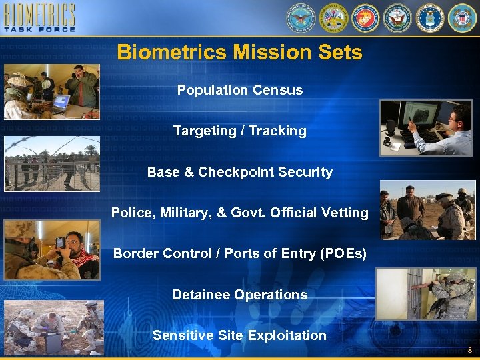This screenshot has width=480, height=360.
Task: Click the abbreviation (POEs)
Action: click(x=341, y=253)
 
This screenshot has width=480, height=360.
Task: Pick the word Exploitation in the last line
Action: click(x=287, y=335)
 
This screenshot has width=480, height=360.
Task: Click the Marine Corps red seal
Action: click(x=365, y=18)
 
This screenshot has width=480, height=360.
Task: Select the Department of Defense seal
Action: click(x=301, y=18)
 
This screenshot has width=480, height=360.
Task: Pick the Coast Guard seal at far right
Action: click(x=462, y=18)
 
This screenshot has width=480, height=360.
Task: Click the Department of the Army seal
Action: click(x=333, y=18)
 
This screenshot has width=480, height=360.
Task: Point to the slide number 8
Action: click(x=469, y=351)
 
